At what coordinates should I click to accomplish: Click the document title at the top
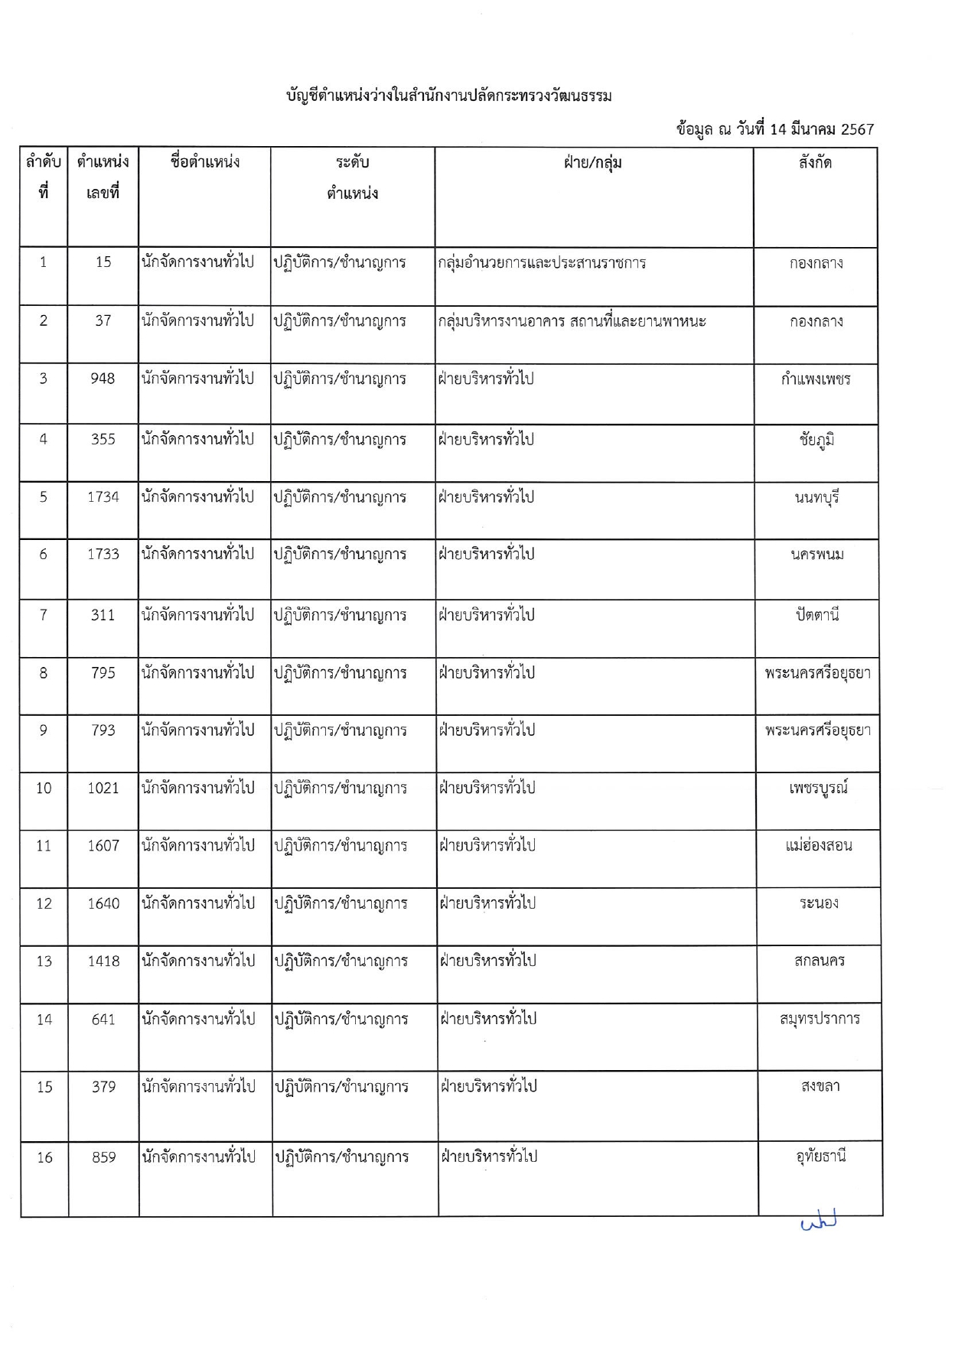click(x=448, y=96)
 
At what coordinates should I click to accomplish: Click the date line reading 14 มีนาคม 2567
click(x=774, y=129)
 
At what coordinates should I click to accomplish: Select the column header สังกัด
click(x=815, y=162)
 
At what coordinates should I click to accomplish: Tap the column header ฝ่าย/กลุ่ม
click(x=593, y=162)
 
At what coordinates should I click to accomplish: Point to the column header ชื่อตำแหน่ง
click(x=204, y=162)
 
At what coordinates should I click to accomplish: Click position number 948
click(x=103, y=379)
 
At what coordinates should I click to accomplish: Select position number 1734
click(x=103, y=497)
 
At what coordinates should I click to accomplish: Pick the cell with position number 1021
click(x=103, y=788)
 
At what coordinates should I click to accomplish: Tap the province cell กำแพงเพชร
click(x=816, y=379)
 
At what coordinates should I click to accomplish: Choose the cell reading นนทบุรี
click(x=816, y=498)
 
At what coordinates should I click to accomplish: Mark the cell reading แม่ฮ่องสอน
click(x=818, y=846)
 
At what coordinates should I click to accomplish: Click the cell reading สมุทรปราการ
click(x=820, y=1020)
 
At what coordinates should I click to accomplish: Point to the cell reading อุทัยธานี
click(x=820, y=1156)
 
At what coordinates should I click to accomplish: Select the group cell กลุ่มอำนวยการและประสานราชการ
click(x=542, y=263)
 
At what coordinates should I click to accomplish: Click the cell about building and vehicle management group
click(x=572, y=321)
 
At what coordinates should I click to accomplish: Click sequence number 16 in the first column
click(x=44, y=1157)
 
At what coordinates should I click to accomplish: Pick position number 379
click(x=103, y=1087)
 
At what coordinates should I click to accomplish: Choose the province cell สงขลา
click(x=820, y=1087)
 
